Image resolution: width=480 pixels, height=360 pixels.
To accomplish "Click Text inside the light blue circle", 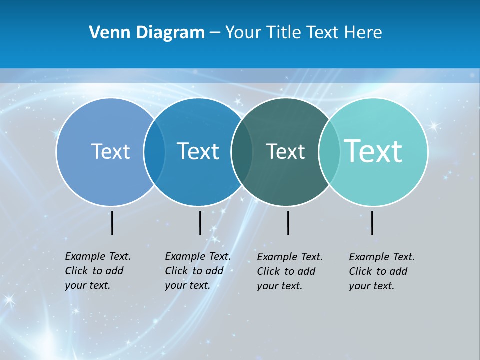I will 110,151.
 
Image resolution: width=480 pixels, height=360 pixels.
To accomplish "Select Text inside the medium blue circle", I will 198,151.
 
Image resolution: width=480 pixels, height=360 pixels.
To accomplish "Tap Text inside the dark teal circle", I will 285,151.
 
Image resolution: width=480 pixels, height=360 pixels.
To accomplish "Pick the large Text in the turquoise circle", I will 373,151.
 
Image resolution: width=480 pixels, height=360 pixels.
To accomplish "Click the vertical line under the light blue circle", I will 112,223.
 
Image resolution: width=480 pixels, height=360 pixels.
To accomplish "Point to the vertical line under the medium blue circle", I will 200,223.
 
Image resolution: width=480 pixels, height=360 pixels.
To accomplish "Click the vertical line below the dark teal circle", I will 288,223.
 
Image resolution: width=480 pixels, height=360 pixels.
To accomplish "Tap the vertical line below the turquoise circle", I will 372,223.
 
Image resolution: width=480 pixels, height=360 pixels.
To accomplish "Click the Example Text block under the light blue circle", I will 98,271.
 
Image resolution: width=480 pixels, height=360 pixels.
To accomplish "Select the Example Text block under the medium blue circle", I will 198,271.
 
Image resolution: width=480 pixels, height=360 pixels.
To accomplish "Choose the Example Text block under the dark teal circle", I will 290,271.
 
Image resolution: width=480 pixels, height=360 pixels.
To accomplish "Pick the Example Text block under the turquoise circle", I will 382,271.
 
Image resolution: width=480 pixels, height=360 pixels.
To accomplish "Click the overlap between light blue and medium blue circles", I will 154,151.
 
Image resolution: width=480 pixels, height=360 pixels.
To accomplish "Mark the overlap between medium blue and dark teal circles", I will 242,151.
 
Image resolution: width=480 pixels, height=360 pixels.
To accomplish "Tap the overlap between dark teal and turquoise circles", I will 329,151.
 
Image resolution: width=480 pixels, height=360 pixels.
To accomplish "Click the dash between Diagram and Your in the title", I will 215,33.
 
